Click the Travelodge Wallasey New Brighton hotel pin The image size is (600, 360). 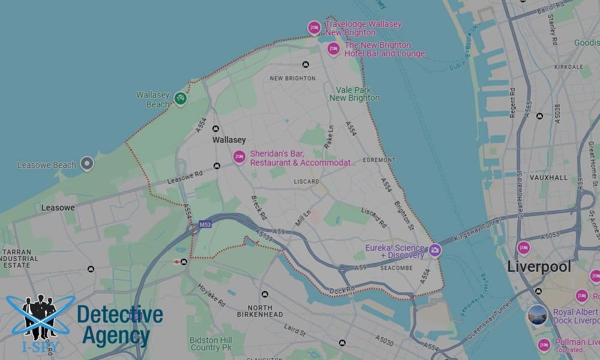tap(314, 28)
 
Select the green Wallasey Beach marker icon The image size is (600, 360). tap(181, 98)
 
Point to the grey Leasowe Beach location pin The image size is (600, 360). tap(88, 163)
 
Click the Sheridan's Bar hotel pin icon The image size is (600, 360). tap(239, 157)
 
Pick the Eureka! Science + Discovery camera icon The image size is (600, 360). tap(434, 251)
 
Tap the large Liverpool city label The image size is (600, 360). tap(539, 267)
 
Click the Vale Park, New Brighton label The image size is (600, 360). tap(355, 94)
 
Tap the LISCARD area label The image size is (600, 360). tap(307, 181)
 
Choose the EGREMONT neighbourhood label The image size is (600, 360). tap(379, 160)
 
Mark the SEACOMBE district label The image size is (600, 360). tap(397, 268)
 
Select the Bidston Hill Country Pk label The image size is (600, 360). tap(211, 344)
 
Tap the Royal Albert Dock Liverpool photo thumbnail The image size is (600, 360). tap(538, 315)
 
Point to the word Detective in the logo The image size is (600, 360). tap(120, 315)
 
